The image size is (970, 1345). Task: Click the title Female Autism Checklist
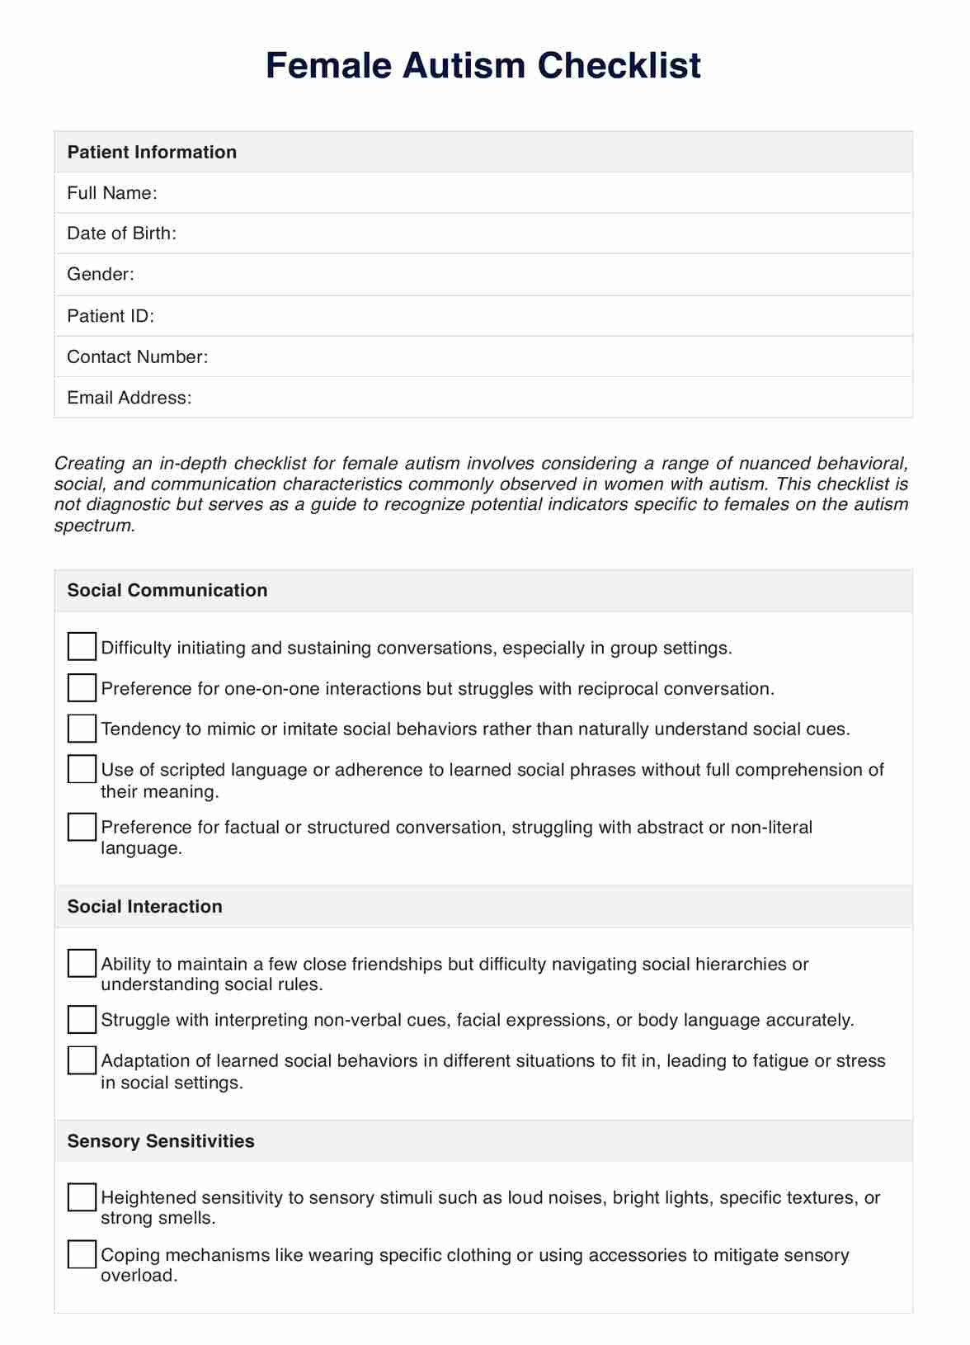pos(483,65)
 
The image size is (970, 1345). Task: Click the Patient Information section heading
pos(152,152)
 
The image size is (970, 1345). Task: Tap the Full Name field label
pos(112,193)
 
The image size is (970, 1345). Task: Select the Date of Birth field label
pos(122,234)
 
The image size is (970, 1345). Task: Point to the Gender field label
pos(101,274)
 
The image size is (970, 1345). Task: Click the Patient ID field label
pos(111,316)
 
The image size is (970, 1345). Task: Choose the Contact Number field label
pos(138,356)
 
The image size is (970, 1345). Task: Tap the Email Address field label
pos(129,398)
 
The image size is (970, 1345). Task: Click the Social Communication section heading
pos(167,590)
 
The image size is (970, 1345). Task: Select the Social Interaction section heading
pos(145,906)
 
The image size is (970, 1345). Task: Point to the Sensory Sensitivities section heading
pos(161,1141)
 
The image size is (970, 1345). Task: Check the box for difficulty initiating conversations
pos(82,647)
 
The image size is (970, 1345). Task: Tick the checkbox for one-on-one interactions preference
pos(82,687)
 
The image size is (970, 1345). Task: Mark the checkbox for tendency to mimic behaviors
pos(82,728)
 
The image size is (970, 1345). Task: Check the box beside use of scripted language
pos(82,769)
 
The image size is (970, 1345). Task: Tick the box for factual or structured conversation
pos(82,827)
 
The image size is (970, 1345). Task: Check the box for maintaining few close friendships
pos(82,963)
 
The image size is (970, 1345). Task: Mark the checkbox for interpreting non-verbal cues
pos(82,1020)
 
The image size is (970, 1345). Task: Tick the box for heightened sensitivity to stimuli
pos(82,1197)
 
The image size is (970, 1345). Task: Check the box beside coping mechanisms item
pos(82,1254)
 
